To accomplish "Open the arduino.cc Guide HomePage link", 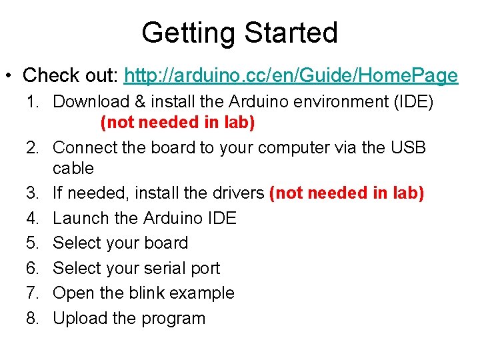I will click(x=291, y=76).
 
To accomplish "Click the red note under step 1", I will click(x=177, y=123).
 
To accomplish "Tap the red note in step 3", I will click(x=347, y=193).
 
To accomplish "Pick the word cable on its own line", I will click(x=73, y=168).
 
